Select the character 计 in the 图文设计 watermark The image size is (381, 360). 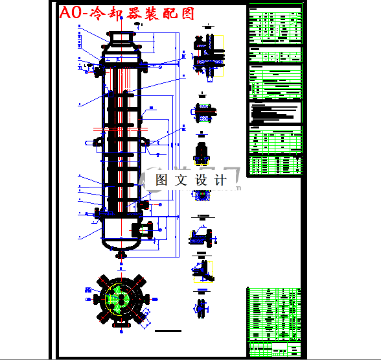pyautogui.click(x=220, y=180)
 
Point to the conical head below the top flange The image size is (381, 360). pyautogui.click(x=121, y=49)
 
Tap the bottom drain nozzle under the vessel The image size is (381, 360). pyautogui.click(x=121, y=254)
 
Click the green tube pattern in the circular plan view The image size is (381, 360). pyautogui.click(x=119, y=298)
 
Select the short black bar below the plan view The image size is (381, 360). pyautogui.click(x=170, y=331)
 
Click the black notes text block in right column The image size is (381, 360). pyautogui.click(x=275, y=114)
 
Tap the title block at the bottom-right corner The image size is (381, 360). pyautogui.click(x=275, y=347)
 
